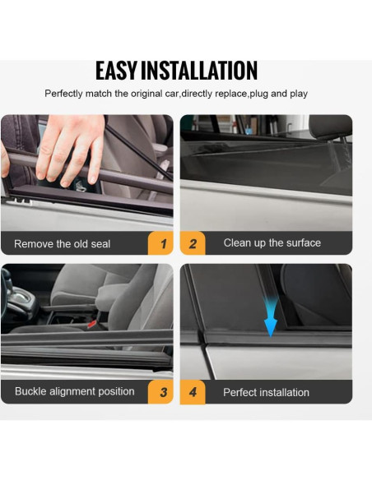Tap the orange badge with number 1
coord(162,244)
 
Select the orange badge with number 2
coord(193,243)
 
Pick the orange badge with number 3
coord(162,392)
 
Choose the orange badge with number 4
coord(193,392)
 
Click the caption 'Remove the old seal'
coord(63,244)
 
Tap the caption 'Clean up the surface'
coord(272,243)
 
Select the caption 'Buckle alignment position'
coord(74,391)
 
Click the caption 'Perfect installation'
coord(266,392)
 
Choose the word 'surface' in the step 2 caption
coord(301,243)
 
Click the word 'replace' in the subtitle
coord(226,94)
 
